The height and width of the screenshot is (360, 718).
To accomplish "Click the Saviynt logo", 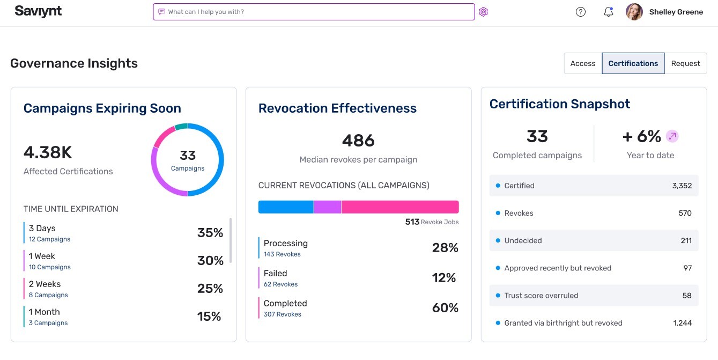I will pyautogui.click(x=38, y=11).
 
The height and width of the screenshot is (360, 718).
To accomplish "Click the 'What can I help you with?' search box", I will pyautogui.click(x=314, y=12).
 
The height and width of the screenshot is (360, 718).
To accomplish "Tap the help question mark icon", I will pyautogui.click(x=581, y=12).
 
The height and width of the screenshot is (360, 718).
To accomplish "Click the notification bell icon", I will pyautogui.click(x=608, y=12).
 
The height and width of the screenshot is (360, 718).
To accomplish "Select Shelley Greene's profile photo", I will pyautogui.click(x=634, y=12).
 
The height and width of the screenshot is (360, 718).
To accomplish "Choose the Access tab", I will pyautogui.click(x=583, y=63).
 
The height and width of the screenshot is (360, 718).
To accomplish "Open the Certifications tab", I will pyautogui.click(x=633, y=63).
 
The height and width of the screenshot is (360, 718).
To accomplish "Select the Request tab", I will pyautogui.click(x=685, y=63).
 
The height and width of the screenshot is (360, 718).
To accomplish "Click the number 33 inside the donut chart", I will pyautogui.click(x=188, y=156).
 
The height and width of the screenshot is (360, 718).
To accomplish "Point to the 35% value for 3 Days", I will pyautogui.click(x=210, y=233).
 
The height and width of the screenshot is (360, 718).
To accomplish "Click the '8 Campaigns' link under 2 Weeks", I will pyautogui.click(x=48, y=295).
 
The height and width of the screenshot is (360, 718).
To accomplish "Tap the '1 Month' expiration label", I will pyautogui.click(x=44, y=312).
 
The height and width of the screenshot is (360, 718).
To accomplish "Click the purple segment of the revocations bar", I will pyautogui.click(x=327, y=207).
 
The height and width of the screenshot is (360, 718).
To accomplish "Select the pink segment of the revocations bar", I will pyautogui.click(x=399, y=207).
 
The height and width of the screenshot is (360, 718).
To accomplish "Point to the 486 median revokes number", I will pyautogui.click(x=358, y=141).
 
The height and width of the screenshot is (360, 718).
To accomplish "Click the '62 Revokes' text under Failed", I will pyautogui.click(x=280, y=284).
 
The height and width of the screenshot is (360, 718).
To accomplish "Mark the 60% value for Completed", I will pyautogui.click(x=445, y=308).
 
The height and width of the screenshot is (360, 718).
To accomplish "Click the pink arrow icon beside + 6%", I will pyautogui.click(x=672, y=136).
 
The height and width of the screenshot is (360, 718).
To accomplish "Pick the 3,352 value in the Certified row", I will pyautogui.click(x=682, y=186).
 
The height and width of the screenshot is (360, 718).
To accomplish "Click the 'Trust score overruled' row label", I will pyautogui.click(x=541, y=296).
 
